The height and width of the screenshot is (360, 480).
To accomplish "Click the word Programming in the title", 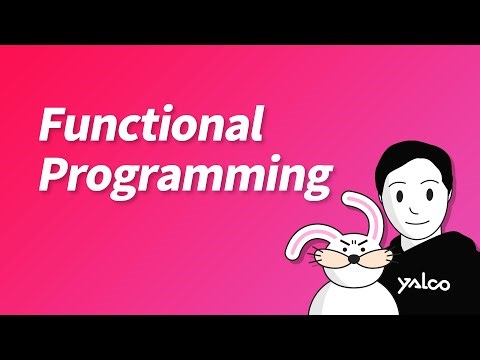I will pos(185,177).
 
